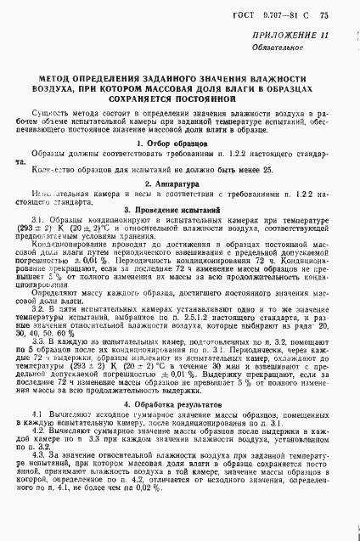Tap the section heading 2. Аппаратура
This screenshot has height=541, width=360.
179,183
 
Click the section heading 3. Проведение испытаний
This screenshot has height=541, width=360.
179,209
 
